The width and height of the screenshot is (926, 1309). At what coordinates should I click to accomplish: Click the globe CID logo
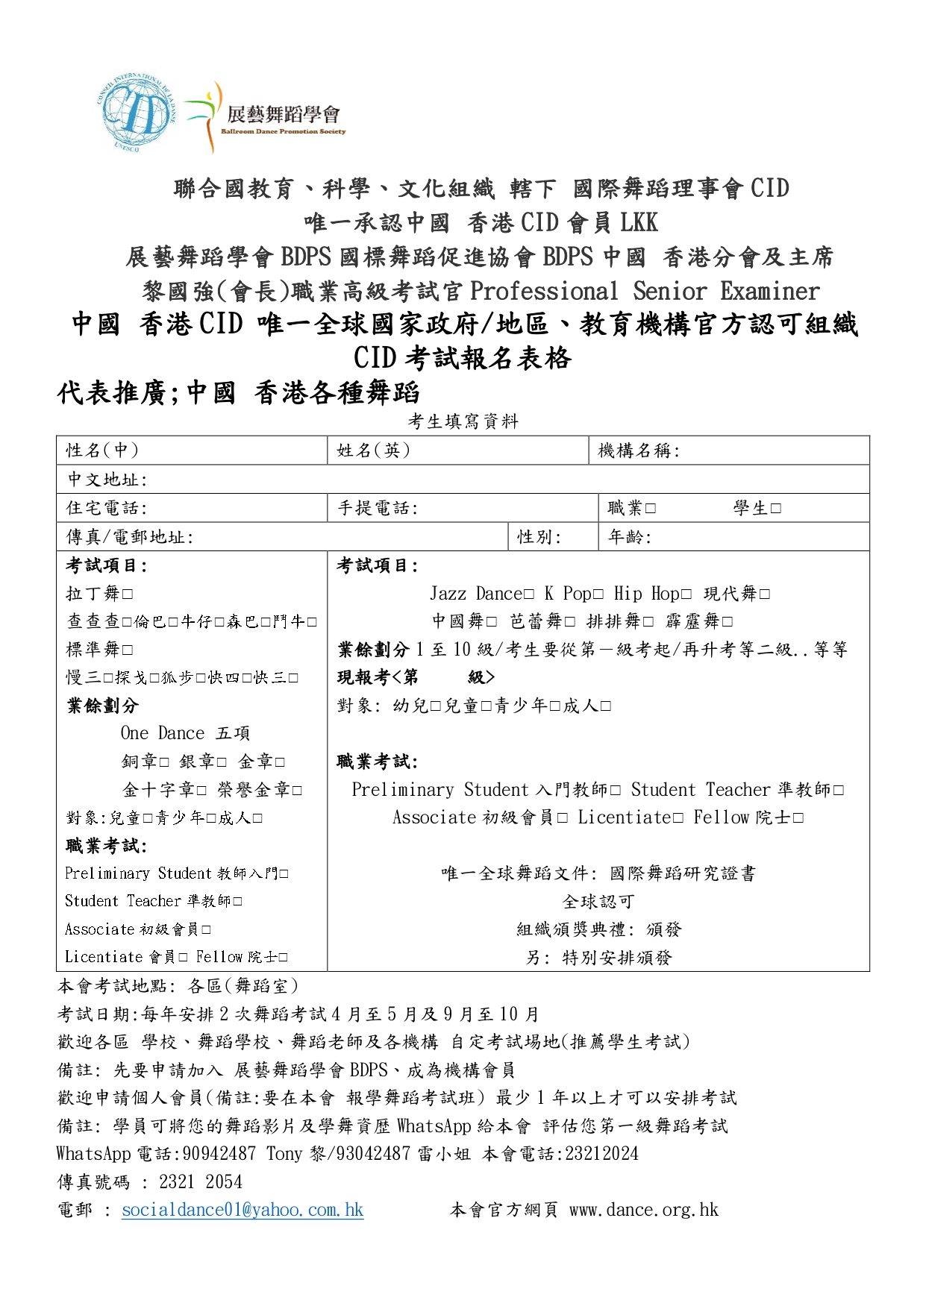pos(136,113)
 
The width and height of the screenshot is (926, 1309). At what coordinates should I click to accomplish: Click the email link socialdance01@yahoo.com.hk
pos(243,1210)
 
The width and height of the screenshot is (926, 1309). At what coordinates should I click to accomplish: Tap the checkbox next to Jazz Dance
pos(529,594)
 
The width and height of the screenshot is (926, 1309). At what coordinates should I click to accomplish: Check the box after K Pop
pos(598,594)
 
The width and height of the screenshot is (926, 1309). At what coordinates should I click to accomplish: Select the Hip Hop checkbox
pos(686,594)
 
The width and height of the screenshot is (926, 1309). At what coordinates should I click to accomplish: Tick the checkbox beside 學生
pos(776,509)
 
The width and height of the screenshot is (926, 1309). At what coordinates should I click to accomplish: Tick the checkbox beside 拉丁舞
pos(128,594)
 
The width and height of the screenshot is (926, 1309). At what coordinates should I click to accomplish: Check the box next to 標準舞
pos(128,650)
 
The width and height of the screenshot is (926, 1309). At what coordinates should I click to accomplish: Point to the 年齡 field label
pos(629,537)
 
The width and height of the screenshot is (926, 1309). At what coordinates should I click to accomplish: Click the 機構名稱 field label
pos(639,451)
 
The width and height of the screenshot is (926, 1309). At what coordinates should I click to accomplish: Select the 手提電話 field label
pos(378,509)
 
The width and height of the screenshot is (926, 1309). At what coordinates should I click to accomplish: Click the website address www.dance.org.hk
pos(643,1210)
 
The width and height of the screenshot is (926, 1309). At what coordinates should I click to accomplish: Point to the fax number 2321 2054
pos(201,1182)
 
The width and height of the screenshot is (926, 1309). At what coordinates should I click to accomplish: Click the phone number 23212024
pos(601,1154)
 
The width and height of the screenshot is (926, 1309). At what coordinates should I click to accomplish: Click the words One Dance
pos(163,733)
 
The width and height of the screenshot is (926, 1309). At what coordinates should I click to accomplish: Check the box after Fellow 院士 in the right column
pos(798,818)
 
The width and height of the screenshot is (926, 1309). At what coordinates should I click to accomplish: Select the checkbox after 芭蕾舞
pos(570,622)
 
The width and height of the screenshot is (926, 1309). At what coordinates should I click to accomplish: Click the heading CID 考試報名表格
pos(463,358)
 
